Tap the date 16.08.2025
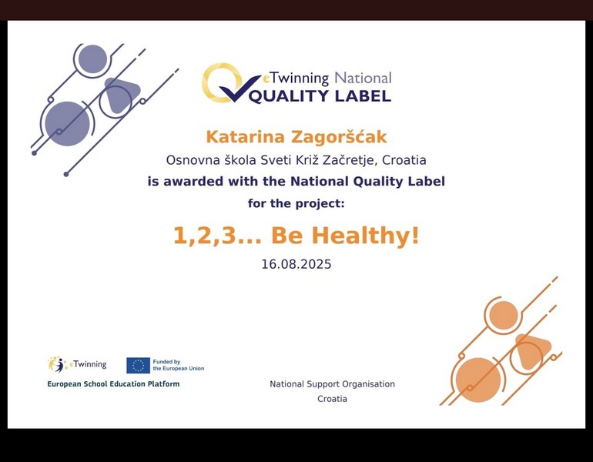[296, 264]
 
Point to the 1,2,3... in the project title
[217, 236]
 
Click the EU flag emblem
[138, 365]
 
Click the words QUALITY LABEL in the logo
[320, 96]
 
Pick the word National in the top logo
[363, 79]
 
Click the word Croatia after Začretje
[404, 160]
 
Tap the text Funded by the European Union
[179, 365]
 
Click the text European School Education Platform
[113, 384]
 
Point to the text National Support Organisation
[332, 384]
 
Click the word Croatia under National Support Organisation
[332, 399]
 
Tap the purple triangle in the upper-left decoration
[121, 94]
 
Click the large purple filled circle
[67, 124]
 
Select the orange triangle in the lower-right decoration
[532, 350]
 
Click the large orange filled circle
[478, 380]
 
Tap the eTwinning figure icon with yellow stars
[58, 364]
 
